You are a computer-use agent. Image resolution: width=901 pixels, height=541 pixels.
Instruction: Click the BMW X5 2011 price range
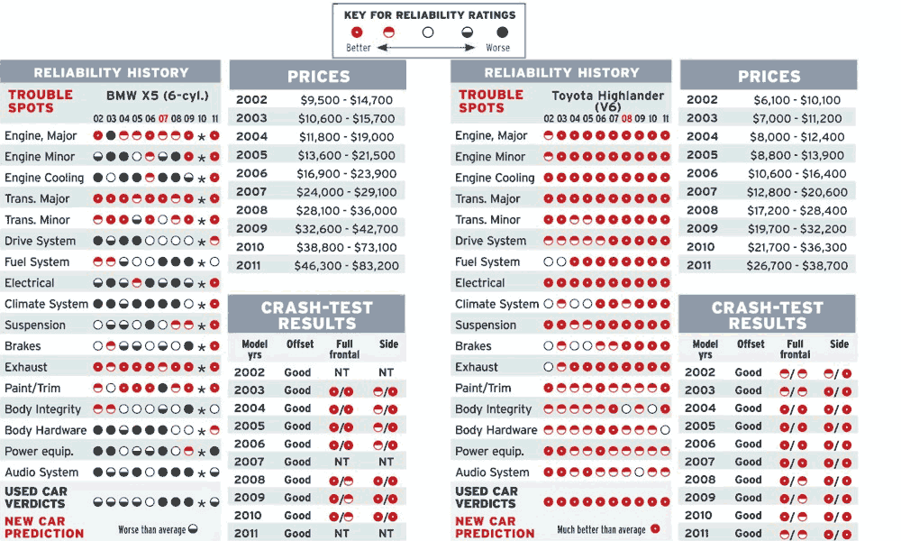(x=350, y=266)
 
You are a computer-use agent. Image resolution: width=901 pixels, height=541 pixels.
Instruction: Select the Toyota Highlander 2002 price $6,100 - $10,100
(x=796, y=100)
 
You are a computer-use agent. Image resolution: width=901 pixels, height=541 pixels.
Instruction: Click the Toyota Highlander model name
(x=607, y=96)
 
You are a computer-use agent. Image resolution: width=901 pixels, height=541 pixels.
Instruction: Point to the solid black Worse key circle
(x=502, y=32)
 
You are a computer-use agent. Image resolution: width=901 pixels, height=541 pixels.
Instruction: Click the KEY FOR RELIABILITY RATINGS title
(x=429, y=14)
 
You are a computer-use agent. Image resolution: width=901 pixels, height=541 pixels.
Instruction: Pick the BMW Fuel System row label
(x=37, y=262)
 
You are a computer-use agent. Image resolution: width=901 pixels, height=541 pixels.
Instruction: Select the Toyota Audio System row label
(x=492, y=472)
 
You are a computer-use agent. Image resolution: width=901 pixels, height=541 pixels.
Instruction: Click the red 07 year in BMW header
(x=163, y=118)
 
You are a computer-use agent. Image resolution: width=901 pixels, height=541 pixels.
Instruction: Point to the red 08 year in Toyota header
(x=626, y=118)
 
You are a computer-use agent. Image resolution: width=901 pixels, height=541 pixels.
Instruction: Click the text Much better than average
(x=601, y=530)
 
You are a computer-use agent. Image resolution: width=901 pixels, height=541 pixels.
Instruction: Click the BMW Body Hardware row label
(x=46, y=430)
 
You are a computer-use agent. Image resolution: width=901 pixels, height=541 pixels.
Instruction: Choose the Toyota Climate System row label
(x=496, y=304)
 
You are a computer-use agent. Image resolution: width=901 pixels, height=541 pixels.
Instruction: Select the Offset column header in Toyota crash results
(x=750, y=344)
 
